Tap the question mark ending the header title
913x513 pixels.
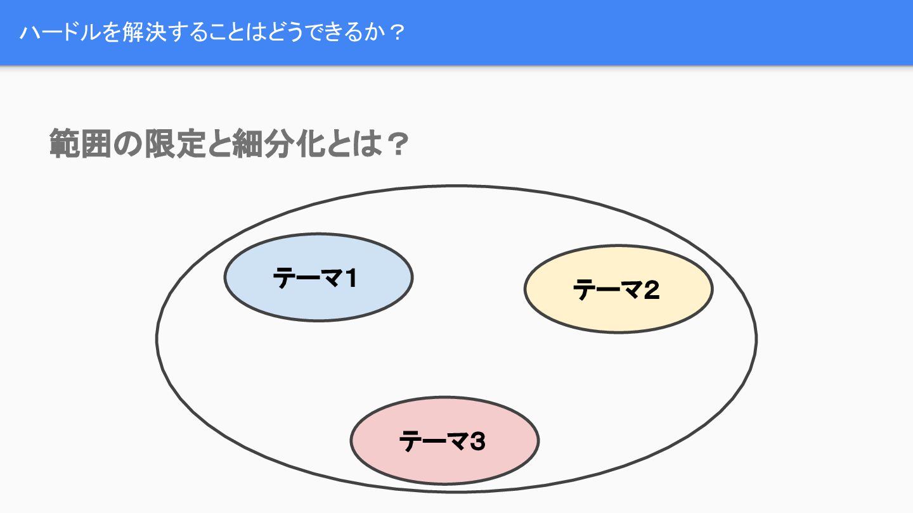(396, 33)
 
